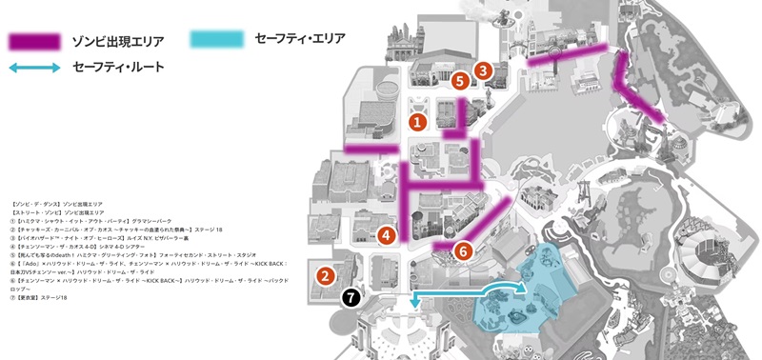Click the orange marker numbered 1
point(416,122)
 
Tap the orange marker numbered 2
point(325,276)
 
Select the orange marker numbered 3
point(484,70)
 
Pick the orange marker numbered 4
point(386,234)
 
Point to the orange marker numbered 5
point(460,82)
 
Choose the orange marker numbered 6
point(463,251)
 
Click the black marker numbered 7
point(351,298)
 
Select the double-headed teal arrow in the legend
point(34,68)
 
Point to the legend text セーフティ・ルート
point(119,68)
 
